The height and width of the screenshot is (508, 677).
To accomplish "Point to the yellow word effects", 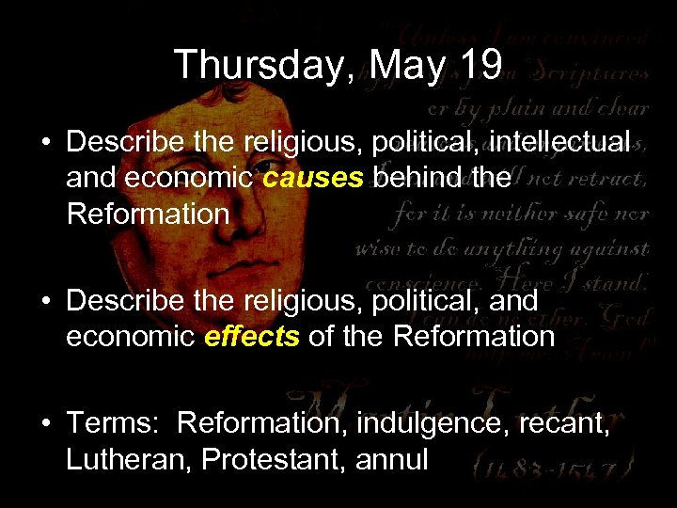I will [x=250, y=336].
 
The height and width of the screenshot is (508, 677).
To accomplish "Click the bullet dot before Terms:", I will [x=46, y=425].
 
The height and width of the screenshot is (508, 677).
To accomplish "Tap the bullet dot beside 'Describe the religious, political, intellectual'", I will [x=46, y=143].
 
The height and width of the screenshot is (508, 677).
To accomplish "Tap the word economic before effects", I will [x=131, y=336].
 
